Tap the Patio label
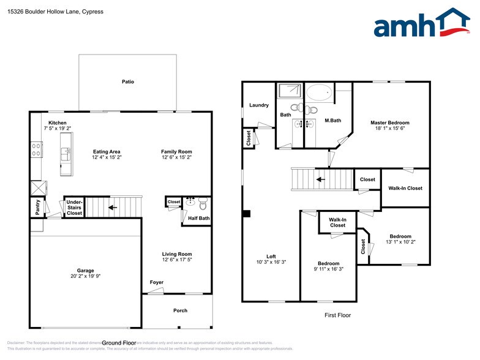[x=127, y=81]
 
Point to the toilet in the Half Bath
[x=203, y=202]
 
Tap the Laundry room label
[x=259, y=105]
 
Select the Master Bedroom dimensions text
[x=390, y=129]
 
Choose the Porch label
[x=180, y=310]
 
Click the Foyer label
[x=157, y=282]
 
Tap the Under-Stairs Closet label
[x=74, y=208]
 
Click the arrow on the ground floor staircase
[x=112, y=207]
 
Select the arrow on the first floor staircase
[x=320, y=180]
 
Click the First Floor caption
[x=337, y=315]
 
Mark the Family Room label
[x=177, y=151]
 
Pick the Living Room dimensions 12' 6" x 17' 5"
[x=177, y=260]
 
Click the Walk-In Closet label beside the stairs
[x=405, y=188]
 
